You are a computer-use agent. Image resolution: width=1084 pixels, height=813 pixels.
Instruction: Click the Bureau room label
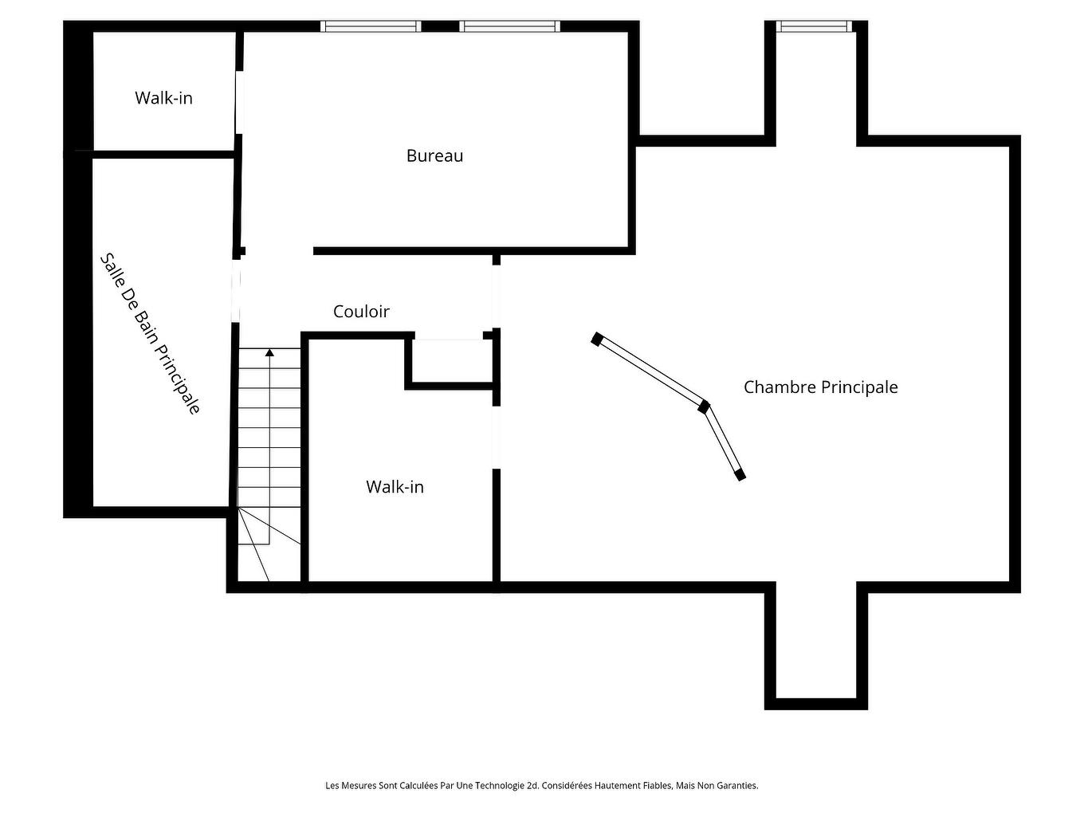(434, 155)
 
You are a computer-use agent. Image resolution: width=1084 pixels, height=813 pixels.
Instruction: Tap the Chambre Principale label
(820, 387)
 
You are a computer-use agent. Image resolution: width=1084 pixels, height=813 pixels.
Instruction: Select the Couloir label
(361, 312)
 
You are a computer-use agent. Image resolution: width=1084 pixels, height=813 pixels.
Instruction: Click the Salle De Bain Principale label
(150, 334)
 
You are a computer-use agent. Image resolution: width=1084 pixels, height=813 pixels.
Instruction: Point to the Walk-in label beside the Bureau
(163, 98)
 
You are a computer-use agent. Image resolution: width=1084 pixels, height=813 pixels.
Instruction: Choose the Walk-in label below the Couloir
(395, 487)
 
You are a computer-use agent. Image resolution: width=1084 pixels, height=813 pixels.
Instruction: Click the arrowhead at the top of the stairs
(269, 352)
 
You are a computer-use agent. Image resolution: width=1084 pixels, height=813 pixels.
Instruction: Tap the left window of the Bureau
(371, 26)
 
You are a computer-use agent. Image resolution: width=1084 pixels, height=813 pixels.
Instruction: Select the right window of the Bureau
(510, 26)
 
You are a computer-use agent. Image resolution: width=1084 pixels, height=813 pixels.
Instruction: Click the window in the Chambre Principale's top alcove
(815, 26)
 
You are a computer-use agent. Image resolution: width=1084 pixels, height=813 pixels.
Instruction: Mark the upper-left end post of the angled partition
(597, 339)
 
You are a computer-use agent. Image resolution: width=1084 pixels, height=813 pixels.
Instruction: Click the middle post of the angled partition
(703, 406)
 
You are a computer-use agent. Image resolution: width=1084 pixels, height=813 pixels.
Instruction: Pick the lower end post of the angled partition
(740, 475)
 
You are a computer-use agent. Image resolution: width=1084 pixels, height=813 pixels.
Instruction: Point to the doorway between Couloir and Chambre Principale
(496, 296)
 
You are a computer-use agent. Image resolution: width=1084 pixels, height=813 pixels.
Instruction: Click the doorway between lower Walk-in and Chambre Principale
(496, 437)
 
